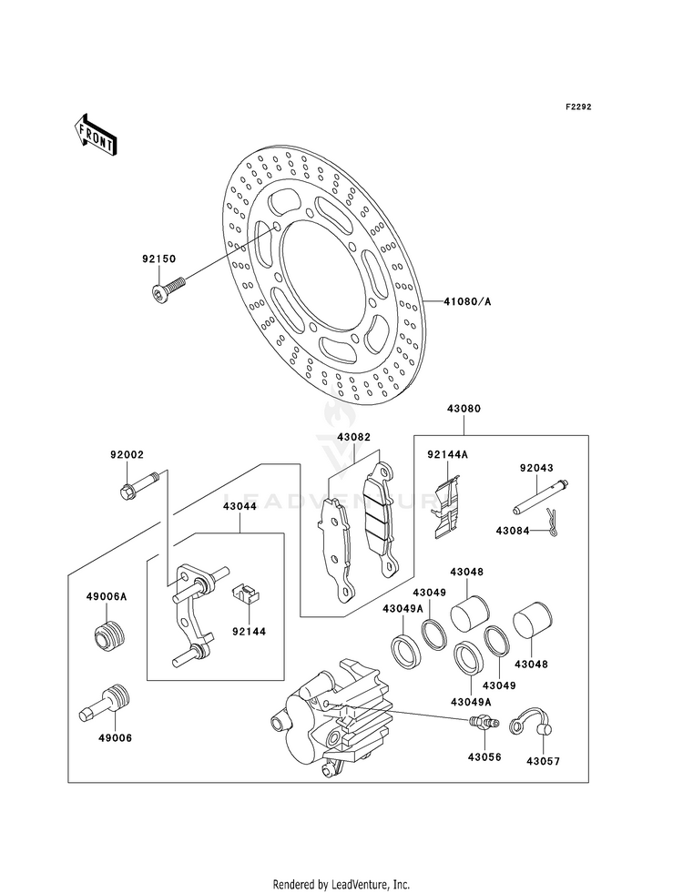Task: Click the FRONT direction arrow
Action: tap(96, 135)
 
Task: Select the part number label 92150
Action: tap(159, 259)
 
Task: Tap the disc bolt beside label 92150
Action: tap(169, 288)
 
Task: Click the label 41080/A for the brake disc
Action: tap(467, 301)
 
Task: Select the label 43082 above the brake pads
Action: tap(353, 437)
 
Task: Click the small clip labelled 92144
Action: tap(246, 594)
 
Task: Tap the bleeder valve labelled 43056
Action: tap(484, 721)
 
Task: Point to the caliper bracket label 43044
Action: tap(240, 506)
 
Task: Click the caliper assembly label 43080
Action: tap(464, 409)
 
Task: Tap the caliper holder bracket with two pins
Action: tap(194, 614)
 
